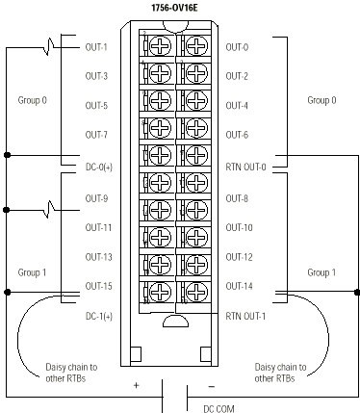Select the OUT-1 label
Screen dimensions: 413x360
[x=96, y=46]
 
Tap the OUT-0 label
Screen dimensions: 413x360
[x=237, y=46]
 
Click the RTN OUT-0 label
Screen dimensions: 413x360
[x=245, y=165]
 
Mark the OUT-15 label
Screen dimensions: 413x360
[x=98, y=286]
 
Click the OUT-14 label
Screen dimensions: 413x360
[x=239, y=286]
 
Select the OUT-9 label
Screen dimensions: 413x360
[x=96, y=197]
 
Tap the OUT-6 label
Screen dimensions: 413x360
[x=237, y=135]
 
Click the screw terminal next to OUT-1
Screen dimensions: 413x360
[x=158, y=46]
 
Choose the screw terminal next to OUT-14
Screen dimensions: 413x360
[x=195, y=286]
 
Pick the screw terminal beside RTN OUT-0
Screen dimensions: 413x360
[x=195, y=157]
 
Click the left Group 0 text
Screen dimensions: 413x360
[x=32, y=97]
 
